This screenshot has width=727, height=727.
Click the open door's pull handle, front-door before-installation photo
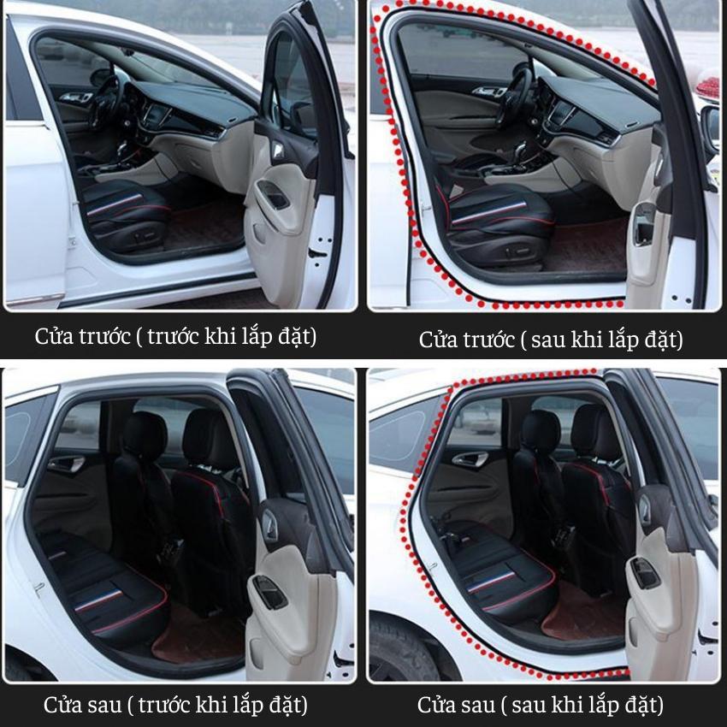pyautogui.click(x=274, y=194)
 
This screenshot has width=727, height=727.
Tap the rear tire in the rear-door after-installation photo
pyautogui.click(x=403, y=648)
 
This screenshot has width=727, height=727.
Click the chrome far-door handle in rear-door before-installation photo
pyautogui.click(x=68, y=464)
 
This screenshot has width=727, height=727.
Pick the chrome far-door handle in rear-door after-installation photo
pyautogui.click(x=470, y=458)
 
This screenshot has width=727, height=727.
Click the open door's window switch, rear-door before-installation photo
pyautogui.click(x=269, y=591)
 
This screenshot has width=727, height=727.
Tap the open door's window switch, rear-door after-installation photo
pyautogui.click(x=645, y=572)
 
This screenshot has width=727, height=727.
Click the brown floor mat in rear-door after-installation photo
pyautogui.click(x=585, y=612)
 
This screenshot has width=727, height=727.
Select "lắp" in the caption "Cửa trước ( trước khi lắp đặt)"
pyautogui.click(x=257, y=336)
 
